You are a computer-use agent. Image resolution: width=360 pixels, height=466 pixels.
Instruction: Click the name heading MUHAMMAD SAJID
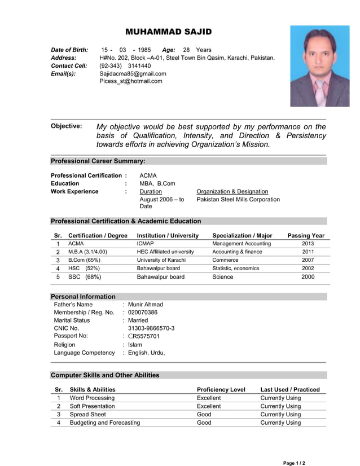[169, 32]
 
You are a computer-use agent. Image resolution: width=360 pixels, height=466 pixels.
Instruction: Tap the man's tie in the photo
[320, 90]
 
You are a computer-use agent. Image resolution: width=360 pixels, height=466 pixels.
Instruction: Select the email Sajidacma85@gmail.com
[133, 73]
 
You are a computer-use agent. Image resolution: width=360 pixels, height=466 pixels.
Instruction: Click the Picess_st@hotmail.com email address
[131, 81]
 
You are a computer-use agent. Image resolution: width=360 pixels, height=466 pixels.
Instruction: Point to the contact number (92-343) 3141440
[125, 65]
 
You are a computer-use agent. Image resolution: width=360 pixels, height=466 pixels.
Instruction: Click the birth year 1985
[144, 50]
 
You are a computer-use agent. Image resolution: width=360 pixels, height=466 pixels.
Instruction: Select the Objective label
[66, 126]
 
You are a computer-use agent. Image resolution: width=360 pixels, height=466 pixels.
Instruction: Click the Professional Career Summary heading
[98, 161]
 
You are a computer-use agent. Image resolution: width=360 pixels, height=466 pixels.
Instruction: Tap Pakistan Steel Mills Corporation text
[238, 200]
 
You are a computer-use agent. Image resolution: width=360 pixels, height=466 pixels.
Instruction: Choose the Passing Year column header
[306, 235]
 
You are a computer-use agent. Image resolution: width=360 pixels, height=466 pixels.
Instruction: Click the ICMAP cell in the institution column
[146, 244]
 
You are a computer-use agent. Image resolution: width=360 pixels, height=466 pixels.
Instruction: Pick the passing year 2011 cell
[308, 252]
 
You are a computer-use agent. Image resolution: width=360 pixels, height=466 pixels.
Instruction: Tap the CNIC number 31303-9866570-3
[151, 328]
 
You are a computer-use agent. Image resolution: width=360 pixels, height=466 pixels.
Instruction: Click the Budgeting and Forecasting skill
[105, 423]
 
